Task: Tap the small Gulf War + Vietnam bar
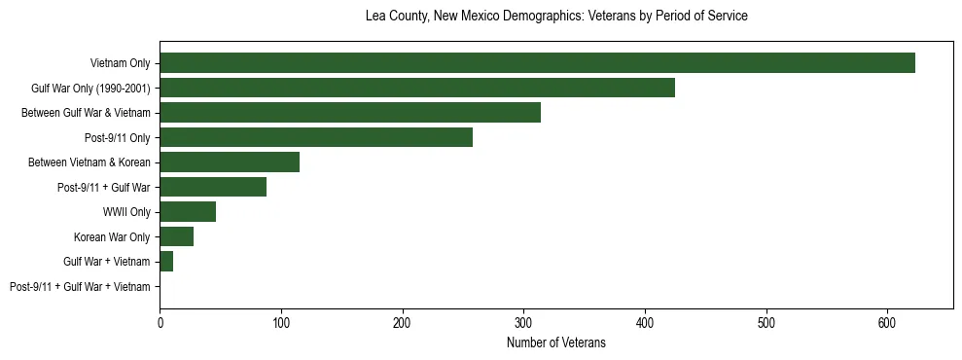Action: [166, 262]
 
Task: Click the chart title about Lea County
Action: [555, 17]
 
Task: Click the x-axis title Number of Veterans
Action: [555, 342]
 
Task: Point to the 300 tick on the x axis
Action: [523, 321]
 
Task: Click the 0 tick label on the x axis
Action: [160, 321]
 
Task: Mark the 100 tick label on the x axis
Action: [281, 321]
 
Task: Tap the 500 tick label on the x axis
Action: [766, 321]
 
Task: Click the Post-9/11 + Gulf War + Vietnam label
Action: [80, 287]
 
